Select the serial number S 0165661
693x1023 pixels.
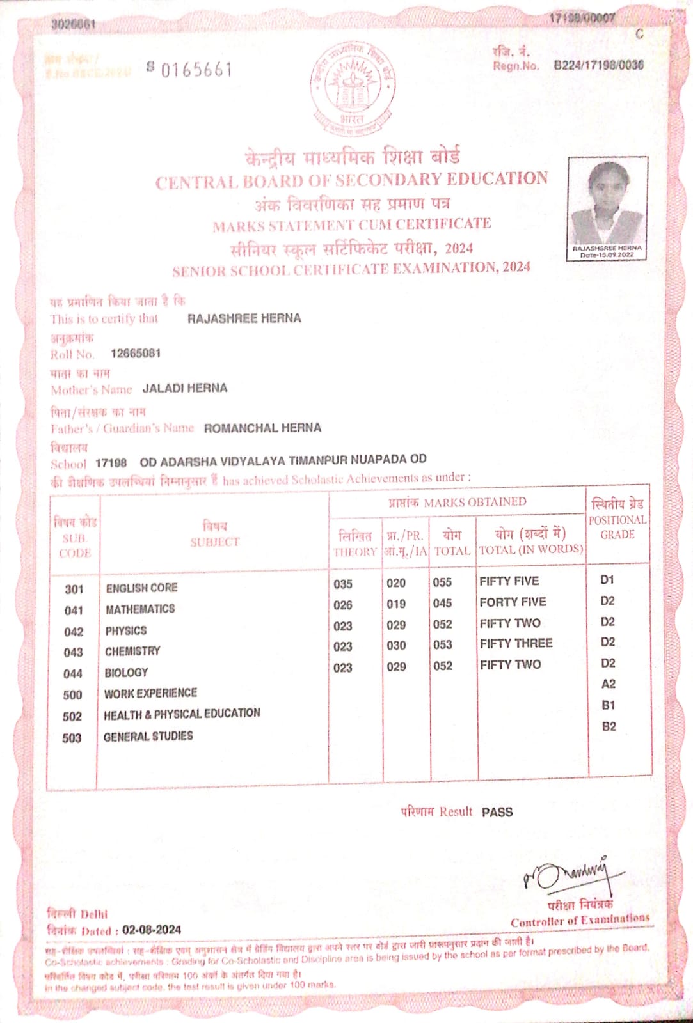[189, 69]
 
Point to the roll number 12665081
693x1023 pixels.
[136, 354]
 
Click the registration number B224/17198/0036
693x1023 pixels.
[598, 65]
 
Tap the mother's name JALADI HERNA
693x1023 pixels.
[184, 388]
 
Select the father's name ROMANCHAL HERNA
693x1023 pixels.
[262, 428]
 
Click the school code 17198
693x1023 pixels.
[111, 462]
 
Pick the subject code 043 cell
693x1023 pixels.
[74, 652]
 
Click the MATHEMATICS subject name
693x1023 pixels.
[140, 609]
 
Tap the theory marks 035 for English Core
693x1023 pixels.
[343, 584]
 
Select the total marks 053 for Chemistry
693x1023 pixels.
[442, 644]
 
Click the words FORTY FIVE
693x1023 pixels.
[513, 602]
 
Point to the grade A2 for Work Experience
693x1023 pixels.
[609, 683]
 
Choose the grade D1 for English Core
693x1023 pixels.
[607, 580]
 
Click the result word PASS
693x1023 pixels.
[497, 812]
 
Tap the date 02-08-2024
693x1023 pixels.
[152, 930]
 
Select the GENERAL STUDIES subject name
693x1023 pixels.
[148, 736]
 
